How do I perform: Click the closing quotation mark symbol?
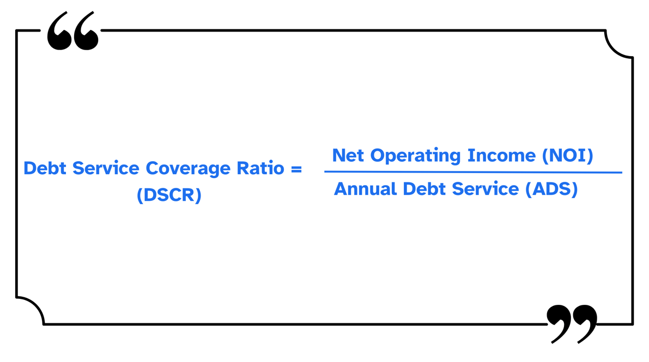click(571, 323)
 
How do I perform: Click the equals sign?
click(296, 169)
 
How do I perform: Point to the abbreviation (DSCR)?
click(169, 195)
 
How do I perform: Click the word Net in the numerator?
click(348, 156)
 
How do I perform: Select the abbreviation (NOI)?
click(567, 156)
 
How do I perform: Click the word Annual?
click(365, 189)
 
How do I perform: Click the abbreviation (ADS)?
click(551, 189)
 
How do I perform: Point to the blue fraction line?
click(473, 172)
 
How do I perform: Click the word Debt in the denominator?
click(422, 189)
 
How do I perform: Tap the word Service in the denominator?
click(484, 189)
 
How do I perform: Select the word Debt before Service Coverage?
click(45, 168)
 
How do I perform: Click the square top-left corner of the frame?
click(17, 31)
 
